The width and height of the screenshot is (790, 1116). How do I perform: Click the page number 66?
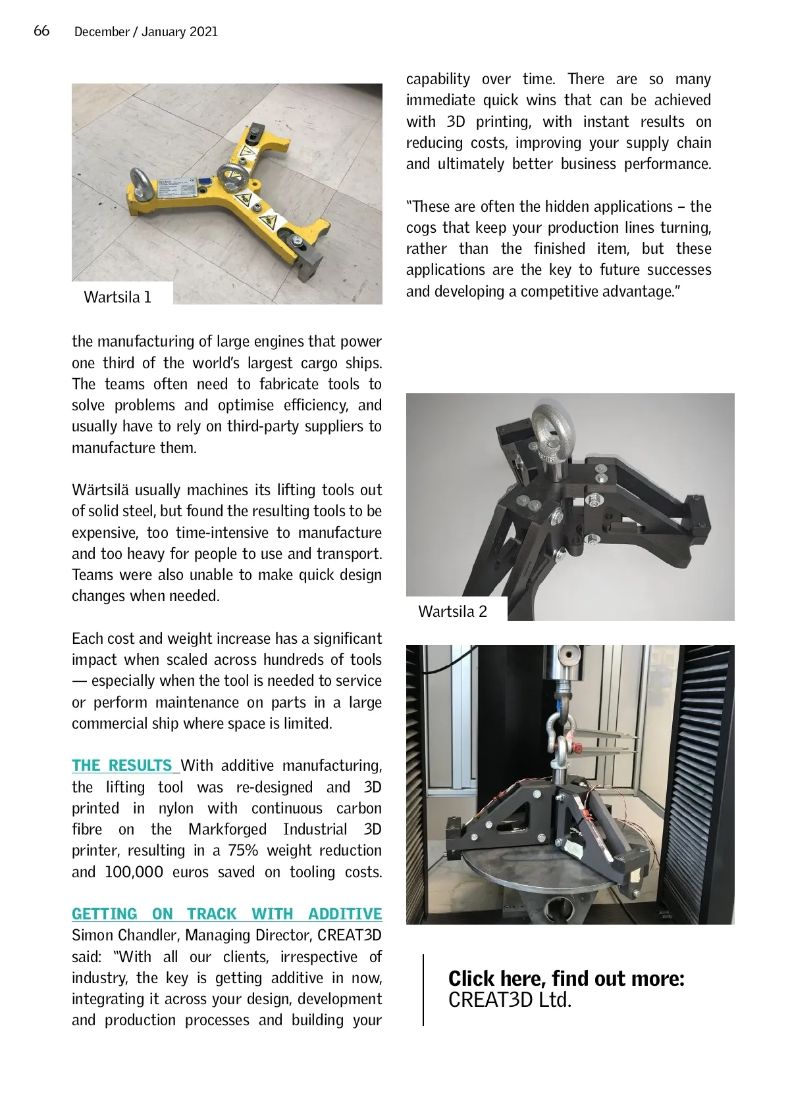pos(41,31)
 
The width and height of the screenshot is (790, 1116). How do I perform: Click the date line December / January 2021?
pos(145,32)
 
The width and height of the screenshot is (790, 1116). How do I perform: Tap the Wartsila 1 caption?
pos(117,297)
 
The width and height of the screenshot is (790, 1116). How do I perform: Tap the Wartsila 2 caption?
pos(452,612)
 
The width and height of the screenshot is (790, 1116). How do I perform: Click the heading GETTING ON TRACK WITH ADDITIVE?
pos(226,914)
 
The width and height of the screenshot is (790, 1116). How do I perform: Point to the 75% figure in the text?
pos(243,850)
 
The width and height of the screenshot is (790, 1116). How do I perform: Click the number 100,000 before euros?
pos(134,872)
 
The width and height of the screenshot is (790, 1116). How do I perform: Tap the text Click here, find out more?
pos(566,979)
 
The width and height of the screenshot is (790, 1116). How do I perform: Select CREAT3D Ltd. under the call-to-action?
pos(510,1000)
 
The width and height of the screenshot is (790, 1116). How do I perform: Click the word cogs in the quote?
pos(421,228)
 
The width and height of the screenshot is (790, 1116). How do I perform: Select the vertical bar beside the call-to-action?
pos(423,990)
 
